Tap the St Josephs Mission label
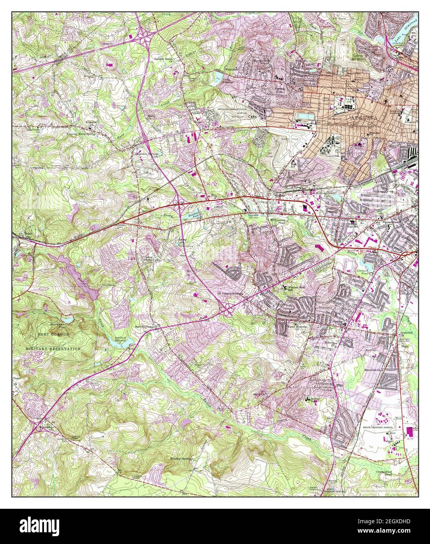(x=230, y=293)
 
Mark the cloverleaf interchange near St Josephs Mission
(x=227, y=311)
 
